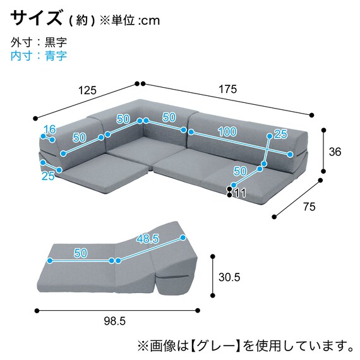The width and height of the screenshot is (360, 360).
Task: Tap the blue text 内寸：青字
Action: (39, 56)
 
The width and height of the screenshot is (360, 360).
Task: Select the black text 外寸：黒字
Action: (39, 42)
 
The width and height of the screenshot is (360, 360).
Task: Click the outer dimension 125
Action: (87, 90)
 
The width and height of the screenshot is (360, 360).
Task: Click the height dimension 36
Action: (335, 152)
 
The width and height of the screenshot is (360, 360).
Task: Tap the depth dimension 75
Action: (309, 206)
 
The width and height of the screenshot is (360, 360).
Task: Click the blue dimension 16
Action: (49, 131)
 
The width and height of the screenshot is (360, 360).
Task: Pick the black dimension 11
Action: (239, 193)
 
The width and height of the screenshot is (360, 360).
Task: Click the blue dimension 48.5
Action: (148, 239)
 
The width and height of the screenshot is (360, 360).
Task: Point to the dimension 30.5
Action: (229, 277)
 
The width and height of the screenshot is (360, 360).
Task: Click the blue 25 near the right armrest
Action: (280, 133)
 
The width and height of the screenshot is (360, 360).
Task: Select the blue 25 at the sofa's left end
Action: (48, 176)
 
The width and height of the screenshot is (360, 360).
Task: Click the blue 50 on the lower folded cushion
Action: (80, 253)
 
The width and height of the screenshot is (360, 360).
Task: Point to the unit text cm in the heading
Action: (150, 21)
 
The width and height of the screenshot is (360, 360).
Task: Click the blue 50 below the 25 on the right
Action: (240, 171)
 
